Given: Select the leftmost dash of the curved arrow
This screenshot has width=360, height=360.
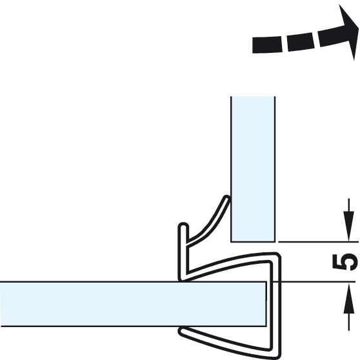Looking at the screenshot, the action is (x=267, y=45).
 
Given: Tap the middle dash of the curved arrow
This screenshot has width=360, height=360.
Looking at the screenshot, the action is (x=300, y=42).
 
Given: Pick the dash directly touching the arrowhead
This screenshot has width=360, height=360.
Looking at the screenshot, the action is (x=330, y=37).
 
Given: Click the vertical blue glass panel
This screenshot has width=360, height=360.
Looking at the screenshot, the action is (x=253, y=169).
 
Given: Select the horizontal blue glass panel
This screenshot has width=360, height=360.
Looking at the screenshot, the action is (x=133, y=304).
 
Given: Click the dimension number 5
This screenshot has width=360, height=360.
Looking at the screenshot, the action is (x=345, y=262).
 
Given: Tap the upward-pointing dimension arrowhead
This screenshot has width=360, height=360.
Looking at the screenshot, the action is (x=349, y=298).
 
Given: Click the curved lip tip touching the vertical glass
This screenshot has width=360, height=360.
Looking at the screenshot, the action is (x=226, y=198).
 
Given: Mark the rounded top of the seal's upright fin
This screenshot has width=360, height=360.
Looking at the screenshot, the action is (x=183, y=225).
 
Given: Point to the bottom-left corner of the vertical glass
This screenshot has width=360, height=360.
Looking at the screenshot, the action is (x=231, y=242).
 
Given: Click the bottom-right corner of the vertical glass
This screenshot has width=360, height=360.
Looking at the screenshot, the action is (x=275, y=242).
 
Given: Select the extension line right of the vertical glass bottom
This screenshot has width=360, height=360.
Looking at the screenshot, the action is (x=318, y=242).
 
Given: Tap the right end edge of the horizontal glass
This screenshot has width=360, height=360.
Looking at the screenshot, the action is (x=266, y=304).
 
